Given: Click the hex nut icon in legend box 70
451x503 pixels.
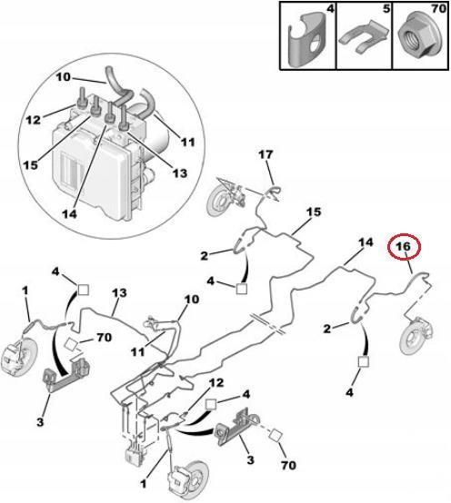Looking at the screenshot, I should [x=416, y=41].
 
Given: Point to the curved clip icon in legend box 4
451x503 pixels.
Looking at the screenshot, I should [x=306, y=41].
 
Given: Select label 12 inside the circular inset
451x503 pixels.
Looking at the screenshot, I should [x=33, y=119].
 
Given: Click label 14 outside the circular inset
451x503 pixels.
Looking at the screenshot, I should [x=366, y=242].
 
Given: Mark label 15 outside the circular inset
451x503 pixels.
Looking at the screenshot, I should [x=313, y=212].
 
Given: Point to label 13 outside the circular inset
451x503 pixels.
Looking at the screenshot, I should [x=118, y=292].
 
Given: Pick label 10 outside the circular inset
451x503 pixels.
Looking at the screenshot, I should [x=192, y=299].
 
